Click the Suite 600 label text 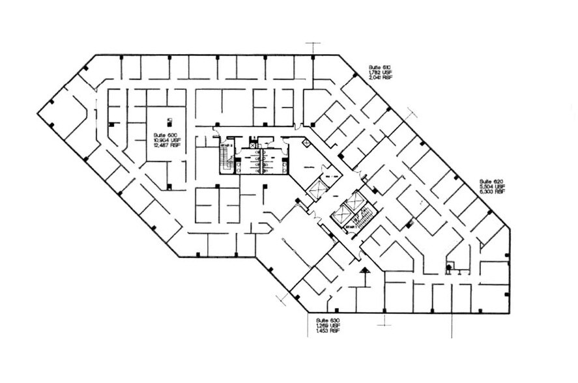point(161,134)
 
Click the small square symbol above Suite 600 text point(169,120)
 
